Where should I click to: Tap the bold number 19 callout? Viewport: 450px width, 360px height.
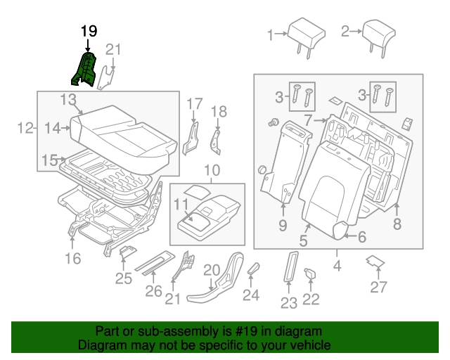[x=88, y=31]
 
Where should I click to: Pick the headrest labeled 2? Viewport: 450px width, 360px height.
[x=382, y=32]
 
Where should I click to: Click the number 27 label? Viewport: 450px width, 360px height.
[x=379, y=286]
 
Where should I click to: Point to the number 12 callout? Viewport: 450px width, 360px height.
[x=25, y=127]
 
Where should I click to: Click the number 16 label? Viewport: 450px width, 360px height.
[x=73, y=258]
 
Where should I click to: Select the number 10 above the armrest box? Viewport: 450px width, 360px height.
[x=212, y=170]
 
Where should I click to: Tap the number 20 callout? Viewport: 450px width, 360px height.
[x=212, y=270]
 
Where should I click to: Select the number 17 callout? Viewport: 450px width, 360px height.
[x=195, y=105]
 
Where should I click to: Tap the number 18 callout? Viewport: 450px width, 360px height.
[x=219, y=111]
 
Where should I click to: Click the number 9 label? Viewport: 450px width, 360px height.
[x=283, y=225]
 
